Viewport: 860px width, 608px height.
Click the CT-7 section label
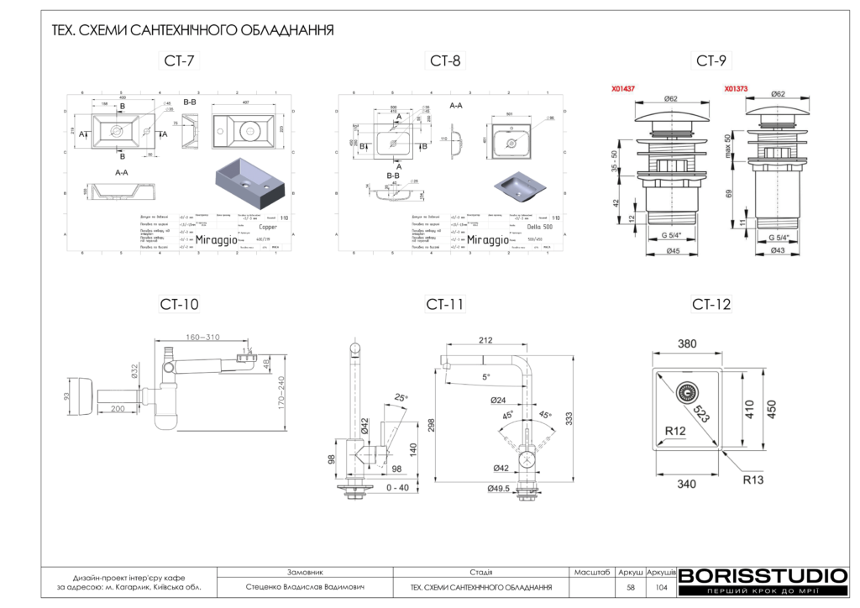tap(177, 60)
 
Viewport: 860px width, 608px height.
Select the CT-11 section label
tap(445, 304)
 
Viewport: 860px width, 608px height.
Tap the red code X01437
tap(623, 88)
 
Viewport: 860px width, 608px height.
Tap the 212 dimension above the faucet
tap(485, 340)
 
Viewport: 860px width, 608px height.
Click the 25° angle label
tap(401, 397)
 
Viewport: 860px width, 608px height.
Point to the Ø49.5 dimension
tap(499, 489)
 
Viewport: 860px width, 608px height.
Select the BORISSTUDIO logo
tap(763, 576)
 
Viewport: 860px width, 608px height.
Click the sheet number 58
tap(631, 588)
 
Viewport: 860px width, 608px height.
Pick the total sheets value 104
tap(661, 588)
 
